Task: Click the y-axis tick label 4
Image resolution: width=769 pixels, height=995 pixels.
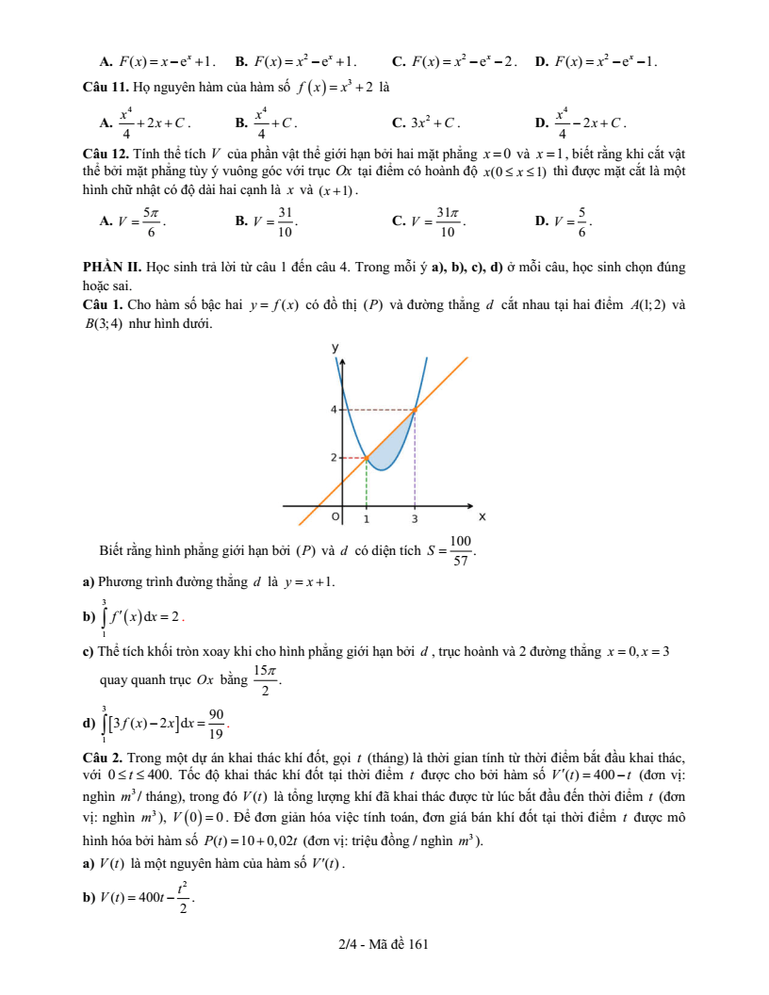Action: coord(333,410)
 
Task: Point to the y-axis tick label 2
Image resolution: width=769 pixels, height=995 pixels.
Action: coord(333,458)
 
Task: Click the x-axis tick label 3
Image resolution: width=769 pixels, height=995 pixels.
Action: coord(415,519)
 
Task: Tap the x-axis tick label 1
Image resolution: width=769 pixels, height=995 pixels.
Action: coord(367,519)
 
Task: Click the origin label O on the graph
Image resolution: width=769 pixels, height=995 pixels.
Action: coord(334,518)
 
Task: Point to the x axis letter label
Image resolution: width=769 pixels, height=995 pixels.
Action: coord(482,516)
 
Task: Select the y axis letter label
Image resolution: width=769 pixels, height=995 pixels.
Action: coord(334,348)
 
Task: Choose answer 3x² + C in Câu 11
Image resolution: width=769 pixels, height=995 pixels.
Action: coord(434,122)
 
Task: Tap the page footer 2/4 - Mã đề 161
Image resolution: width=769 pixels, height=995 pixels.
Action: coord(384,942)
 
